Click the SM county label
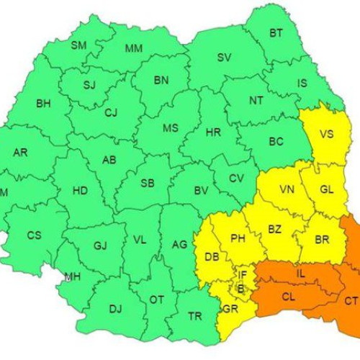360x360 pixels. pos(78,46)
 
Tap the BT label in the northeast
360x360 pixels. pos(276,33)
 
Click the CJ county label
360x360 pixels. pos(110,112)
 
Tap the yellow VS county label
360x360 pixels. pos(326,134)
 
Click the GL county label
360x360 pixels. pos(326,190)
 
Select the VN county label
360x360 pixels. pos(287,190)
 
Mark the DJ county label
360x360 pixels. pos(114,309)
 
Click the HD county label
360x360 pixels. pos(80,192)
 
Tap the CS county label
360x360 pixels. pos(34,235)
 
